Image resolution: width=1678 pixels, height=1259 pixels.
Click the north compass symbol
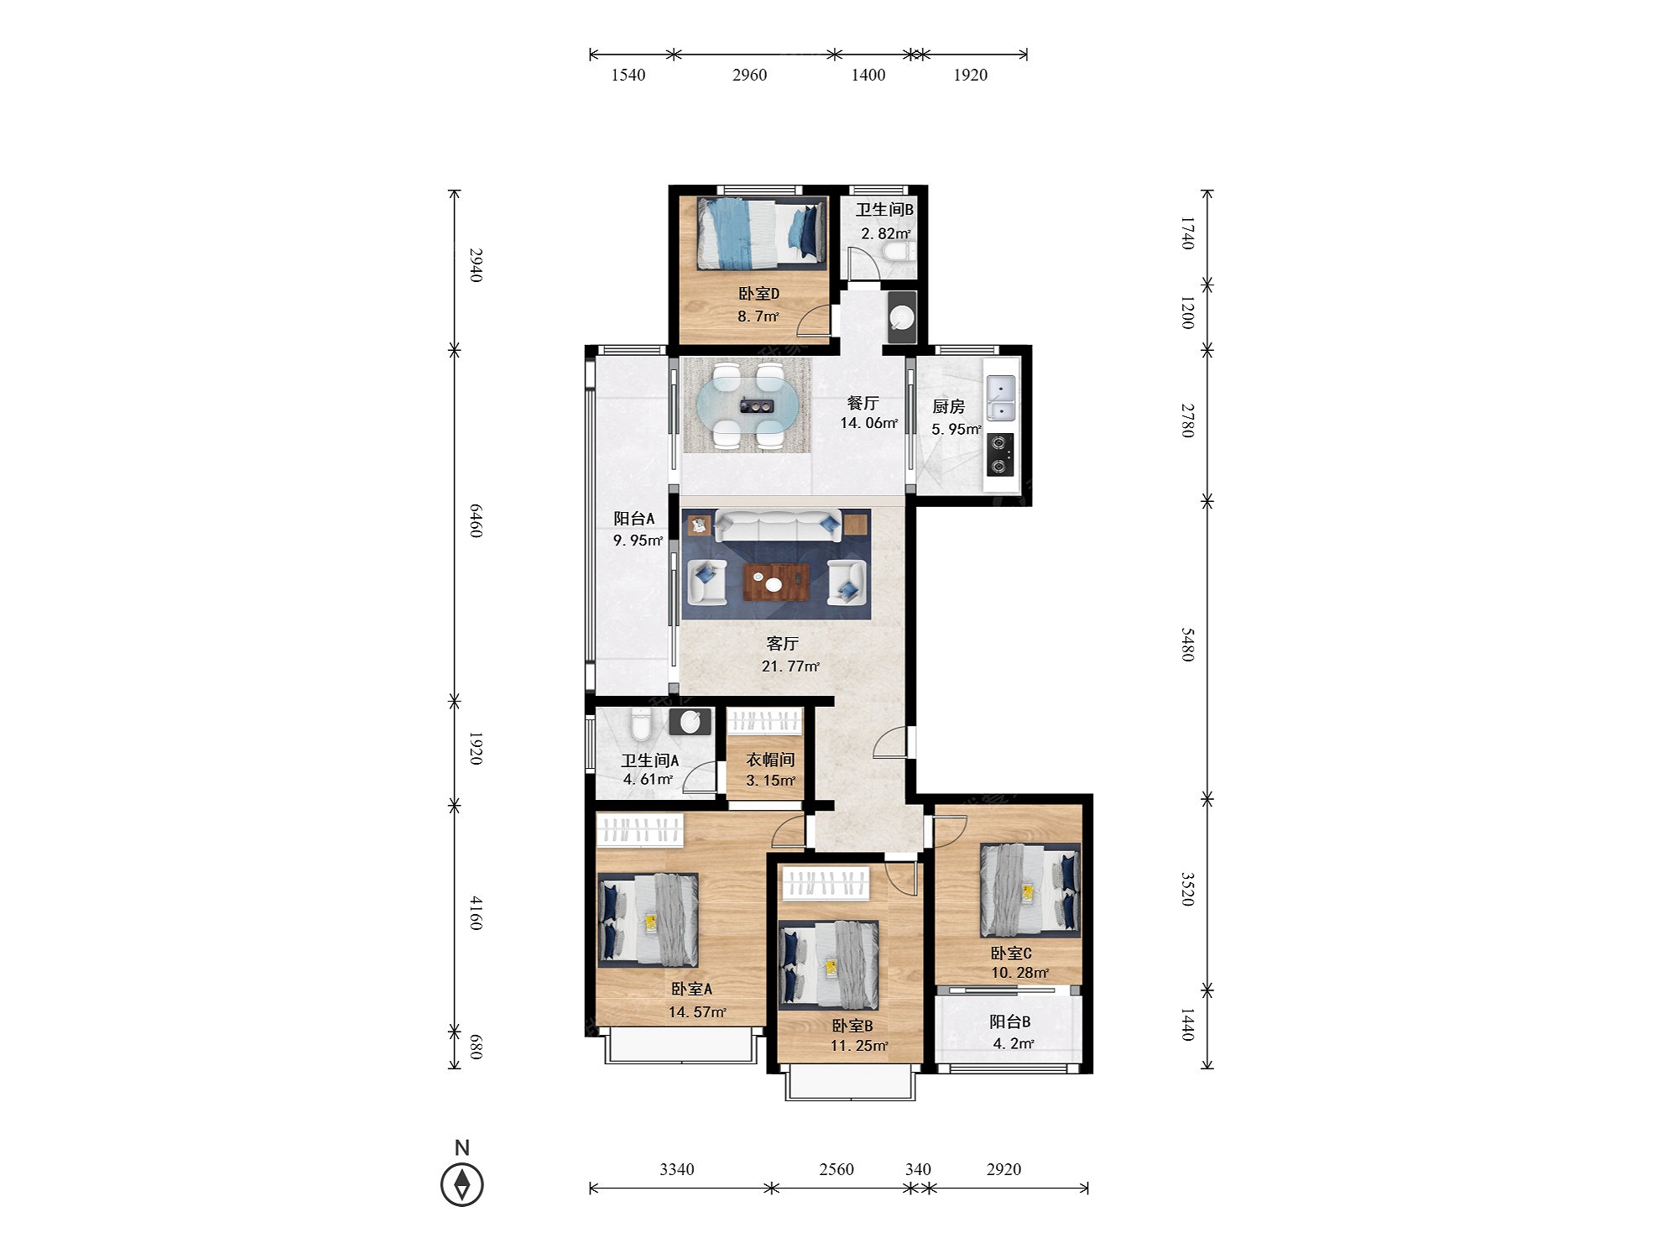click(461, 1184)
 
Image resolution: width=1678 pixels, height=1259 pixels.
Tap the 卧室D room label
click(758, 294)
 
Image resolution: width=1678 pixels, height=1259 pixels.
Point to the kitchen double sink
click(1001, 397)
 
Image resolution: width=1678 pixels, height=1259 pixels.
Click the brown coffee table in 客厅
click(776, 582)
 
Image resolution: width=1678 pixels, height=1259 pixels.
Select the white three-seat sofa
click(777, 526)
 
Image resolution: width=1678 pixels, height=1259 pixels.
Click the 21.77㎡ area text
click(790, 666)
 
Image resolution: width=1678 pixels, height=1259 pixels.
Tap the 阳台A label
click(633, 519)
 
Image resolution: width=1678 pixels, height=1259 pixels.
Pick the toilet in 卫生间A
click(641, 724)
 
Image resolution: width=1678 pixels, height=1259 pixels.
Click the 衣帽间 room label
click(770, 760)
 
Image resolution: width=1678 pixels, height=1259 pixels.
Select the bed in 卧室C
click(1030, 890)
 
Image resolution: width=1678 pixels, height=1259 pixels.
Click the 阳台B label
click(1010, 1021)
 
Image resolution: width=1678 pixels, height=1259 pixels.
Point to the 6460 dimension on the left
click(476, 520)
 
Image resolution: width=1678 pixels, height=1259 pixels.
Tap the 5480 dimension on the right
click(1187, 644)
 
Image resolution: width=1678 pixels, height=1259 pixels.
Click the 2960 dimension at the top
click(749, 75)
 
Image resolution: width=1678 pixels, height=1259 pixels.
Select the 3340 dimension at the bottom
click(676, 1169)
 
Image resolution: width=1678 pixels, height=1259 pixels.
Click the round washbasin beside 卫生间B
click(902, 318)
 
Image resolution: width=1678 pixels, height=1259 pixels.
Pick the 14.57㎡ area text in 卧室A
click(697, 1012)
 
